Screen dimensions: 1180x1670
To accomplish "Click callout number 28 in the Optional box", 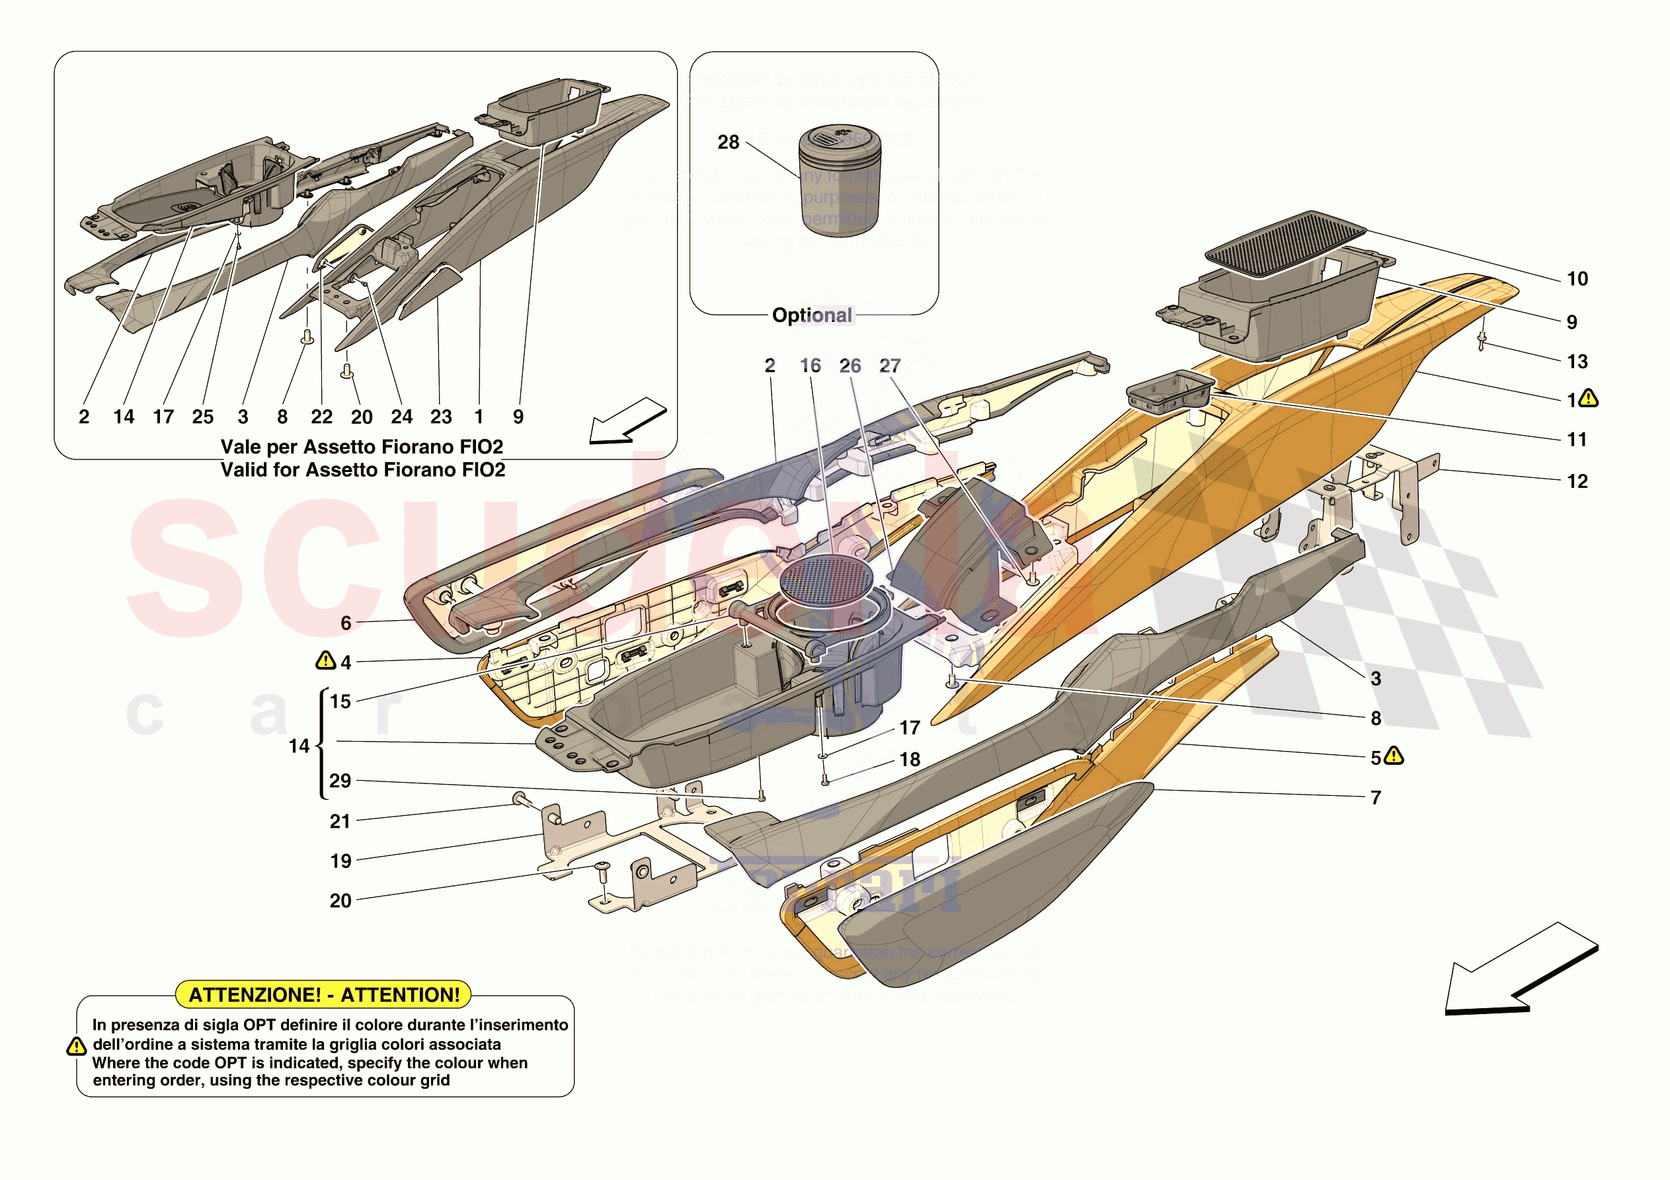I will (728, 143).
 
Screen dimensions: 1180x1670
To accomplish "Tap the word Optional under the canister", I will (812, 315).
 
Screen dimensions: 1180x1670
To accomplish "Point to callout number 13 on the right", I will (1577, 362).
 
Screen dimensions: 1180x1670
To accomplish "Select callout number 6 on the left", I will (346, 623).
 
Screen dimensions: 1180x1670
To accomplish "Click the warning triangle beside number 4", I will (325, 660).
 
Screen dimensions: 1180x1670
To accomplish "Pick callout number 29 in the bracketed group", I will (340, 781).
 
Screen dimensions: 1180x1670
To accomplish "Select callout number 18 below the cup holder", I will (910, 760).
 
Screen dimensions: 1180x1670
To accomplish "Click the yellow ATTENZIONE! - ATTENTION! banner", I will (324, 994).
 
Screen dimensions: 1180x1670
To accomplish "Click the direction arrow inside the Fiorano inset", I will (626, 421).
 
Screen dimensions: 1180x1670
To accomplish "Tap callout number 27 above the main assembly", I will (890, 366).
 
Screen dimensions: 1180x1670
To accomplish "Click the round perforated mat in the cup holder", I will (826, 580).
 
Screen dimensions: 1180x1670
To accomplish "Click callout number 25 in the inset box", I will (203, 417).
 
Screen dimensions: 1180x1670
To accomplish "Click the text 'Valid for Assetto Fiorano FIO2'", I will (363, 470).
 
